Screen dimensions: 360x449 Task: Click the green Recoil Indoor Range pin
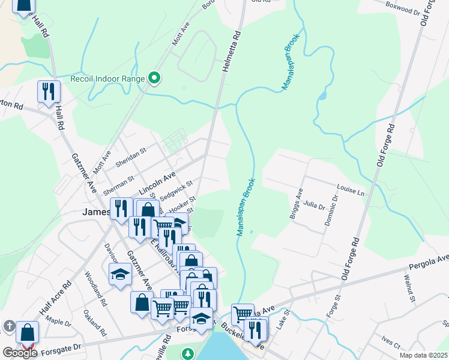pos(154,78)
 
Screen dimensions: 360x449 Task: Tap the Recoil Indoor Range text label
pos(107,79)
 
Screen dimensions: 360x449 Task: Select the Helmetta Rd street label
pos(231,53)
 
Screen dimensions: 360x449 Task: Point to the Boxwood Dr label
pos(403,10)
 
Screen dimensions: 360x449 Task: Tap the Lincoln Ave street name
pos(157,183)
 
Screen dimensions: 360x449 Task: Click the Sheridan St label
pos(131,157)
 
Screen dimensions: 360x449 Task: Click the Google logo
pos(20,352)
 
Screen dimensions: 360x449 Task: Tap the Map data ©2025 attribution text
pos(423,355)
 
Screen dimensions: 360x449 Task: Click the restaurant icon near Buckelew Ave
pos(255,329)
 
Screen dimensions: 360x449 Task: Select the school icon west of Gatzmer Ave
pos(120,275)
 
